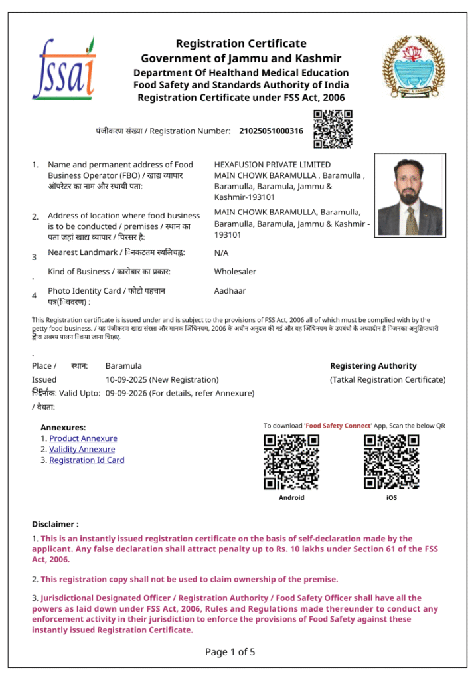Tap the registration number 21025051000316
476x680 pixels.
click(271, 131)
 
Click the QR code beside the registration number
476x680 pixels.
click(333, 129)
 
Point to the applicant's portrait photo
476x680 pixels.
click(410, 195)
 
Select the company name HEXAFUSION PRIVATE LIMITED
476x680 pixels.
click(272, 165)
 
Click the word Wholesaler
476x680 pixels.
click(235, 272)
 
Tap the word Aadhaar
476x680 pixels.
click(230, 291)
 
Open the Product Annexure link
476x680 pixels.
click(83, 438)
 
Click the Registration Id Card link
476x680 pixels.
click(87, 460)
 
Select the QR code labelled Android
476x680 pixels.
click(291, 462)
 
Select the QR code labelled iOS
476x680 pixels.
click(392, 462)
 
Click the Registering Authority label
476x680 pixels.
click(373, 366)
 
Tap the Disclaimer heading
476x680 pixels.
click(55, 525)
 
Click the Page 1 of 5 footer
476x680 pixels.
click(230, 652)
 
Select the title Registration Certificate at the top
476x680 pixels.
click(241, 44)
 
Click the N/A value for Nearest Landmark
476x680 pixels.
click(221, 253)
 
